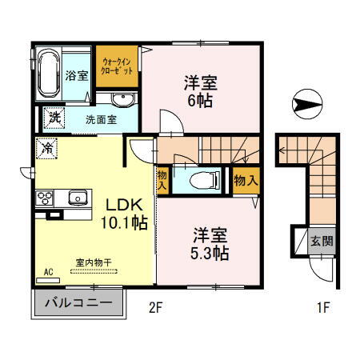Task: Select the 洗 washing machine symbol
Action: (x=54, y=118)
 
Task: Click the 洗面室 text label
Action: (x=101, y=119)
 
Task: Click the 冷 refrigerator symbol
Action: (x=49, y=148)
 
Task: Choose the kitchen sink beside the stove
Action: (x=78, y=198)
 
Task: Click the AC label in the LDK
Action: (x=48, y=272)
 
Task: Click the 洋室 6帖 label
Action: (x=201, y=90)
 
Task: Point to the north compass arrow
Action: (x=308, y=102)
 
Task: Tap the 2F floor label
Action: (x=154, y=306)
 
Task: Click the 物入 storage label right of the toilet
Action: (x=246, y=181)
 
